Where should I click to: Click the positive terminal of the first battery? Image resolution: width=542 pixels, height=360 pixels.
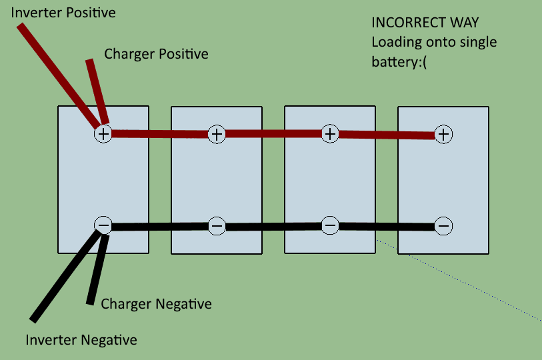pyautogui.click(x=103, y=134)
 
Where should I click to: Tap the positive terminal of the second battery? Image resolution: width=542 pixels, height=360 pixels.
pyautogui.click(x=217, y=134)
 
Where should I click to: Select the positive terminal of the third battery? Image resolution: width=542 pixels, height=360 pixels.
pyautogui.click(x=330, y=133)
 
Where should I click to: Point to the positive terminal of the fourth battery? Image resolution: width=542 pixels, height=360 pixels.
pyautogui.click(x=443, y=134)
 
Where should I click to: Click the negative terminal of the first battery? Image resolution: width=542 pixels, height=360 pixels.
pyautogui.click(x=103, y=225)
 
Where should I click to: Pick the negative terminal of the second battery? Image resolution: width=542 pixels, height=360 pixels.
pyautogui.click(x=217, y=226)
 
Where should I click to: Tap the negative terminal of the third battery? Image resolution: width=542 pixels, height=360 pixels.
pyautogui.click(x=330, y=225)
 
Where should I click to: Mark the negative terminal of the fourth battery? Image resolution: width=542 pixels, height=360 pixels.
pyautogui.click(x=443, y=226)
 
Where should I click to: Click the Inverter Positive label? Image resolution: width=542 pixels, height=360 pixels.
pyautogui.click(x=63, y=13)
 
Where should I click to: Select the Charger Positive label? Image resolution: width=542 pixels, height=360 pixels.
pyautogui.click(x=156, y=54)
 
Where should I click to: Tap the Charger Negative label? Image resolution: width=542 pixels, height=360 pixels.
pyautogui.click(x=156, y=304)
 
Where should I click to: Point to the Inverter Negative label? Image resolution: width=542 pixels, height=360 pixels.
pyautogui.click(x=81, y=340)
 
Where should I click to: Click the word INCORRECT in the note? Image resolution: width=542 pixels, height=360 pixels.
pyautogui.click(x=408, y=23)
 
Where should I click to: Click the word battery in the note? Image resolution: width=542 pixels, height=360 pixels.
pyautogui.click(x=396, y=62)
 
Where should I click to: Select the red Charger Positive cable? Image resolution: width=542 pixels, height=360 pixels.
pyautogui.click(x=97, y=91)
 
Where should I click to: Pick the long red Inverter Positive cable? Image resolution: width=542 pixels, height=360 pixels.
pyautogui.click(x=59, y=76)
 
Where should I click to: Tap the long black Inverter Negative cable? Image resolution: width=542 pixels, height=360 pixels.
pyautogui.click(x=66, y=276)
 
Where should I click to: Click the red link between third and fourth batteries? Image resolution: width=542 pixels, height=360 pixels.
pyautogui.click(x=387, y=134)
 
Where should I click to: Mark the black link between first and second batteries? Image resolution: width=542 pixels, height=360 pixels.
pyautogui.click(x=160, y=227)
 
